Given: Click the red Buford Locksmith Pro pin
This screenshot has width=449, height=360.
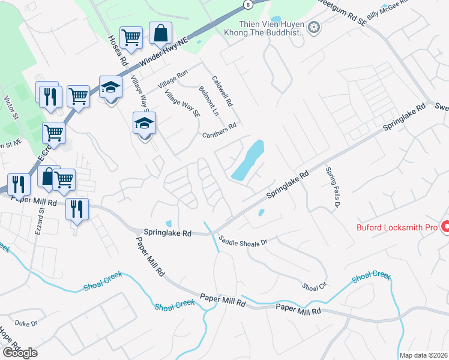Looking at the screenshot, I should (445, 227).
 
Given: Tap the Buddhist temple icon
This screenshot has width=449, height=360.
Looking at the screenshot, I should (313, 26).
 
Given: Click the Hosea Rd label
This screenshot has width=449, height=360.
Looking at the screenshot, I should (118, 50).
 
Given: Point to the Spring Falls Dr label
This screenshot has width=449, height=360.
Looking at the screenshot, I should (333, 187).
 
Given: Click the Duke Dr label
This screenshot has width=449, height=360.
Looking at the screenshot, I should (26, 323).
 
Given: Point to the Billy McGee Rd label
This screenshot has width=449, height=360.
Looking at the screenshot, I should (387, 12).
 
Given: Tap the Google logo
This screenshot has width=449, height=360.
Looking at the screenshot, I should (20, 353).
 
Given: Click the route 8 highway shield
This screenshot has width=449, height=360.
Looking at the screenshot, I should (248, 4).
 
